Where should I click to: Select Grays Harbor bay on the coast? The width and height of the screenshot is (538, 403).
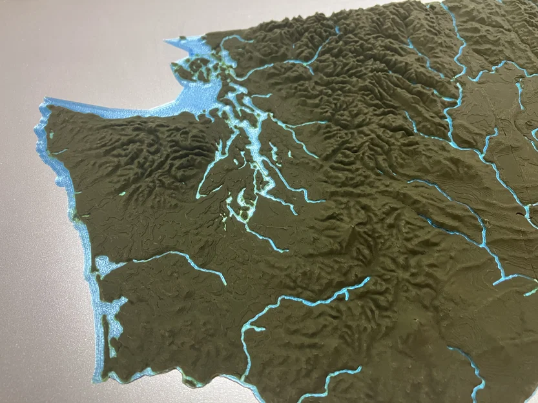(x=103, y=264)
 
